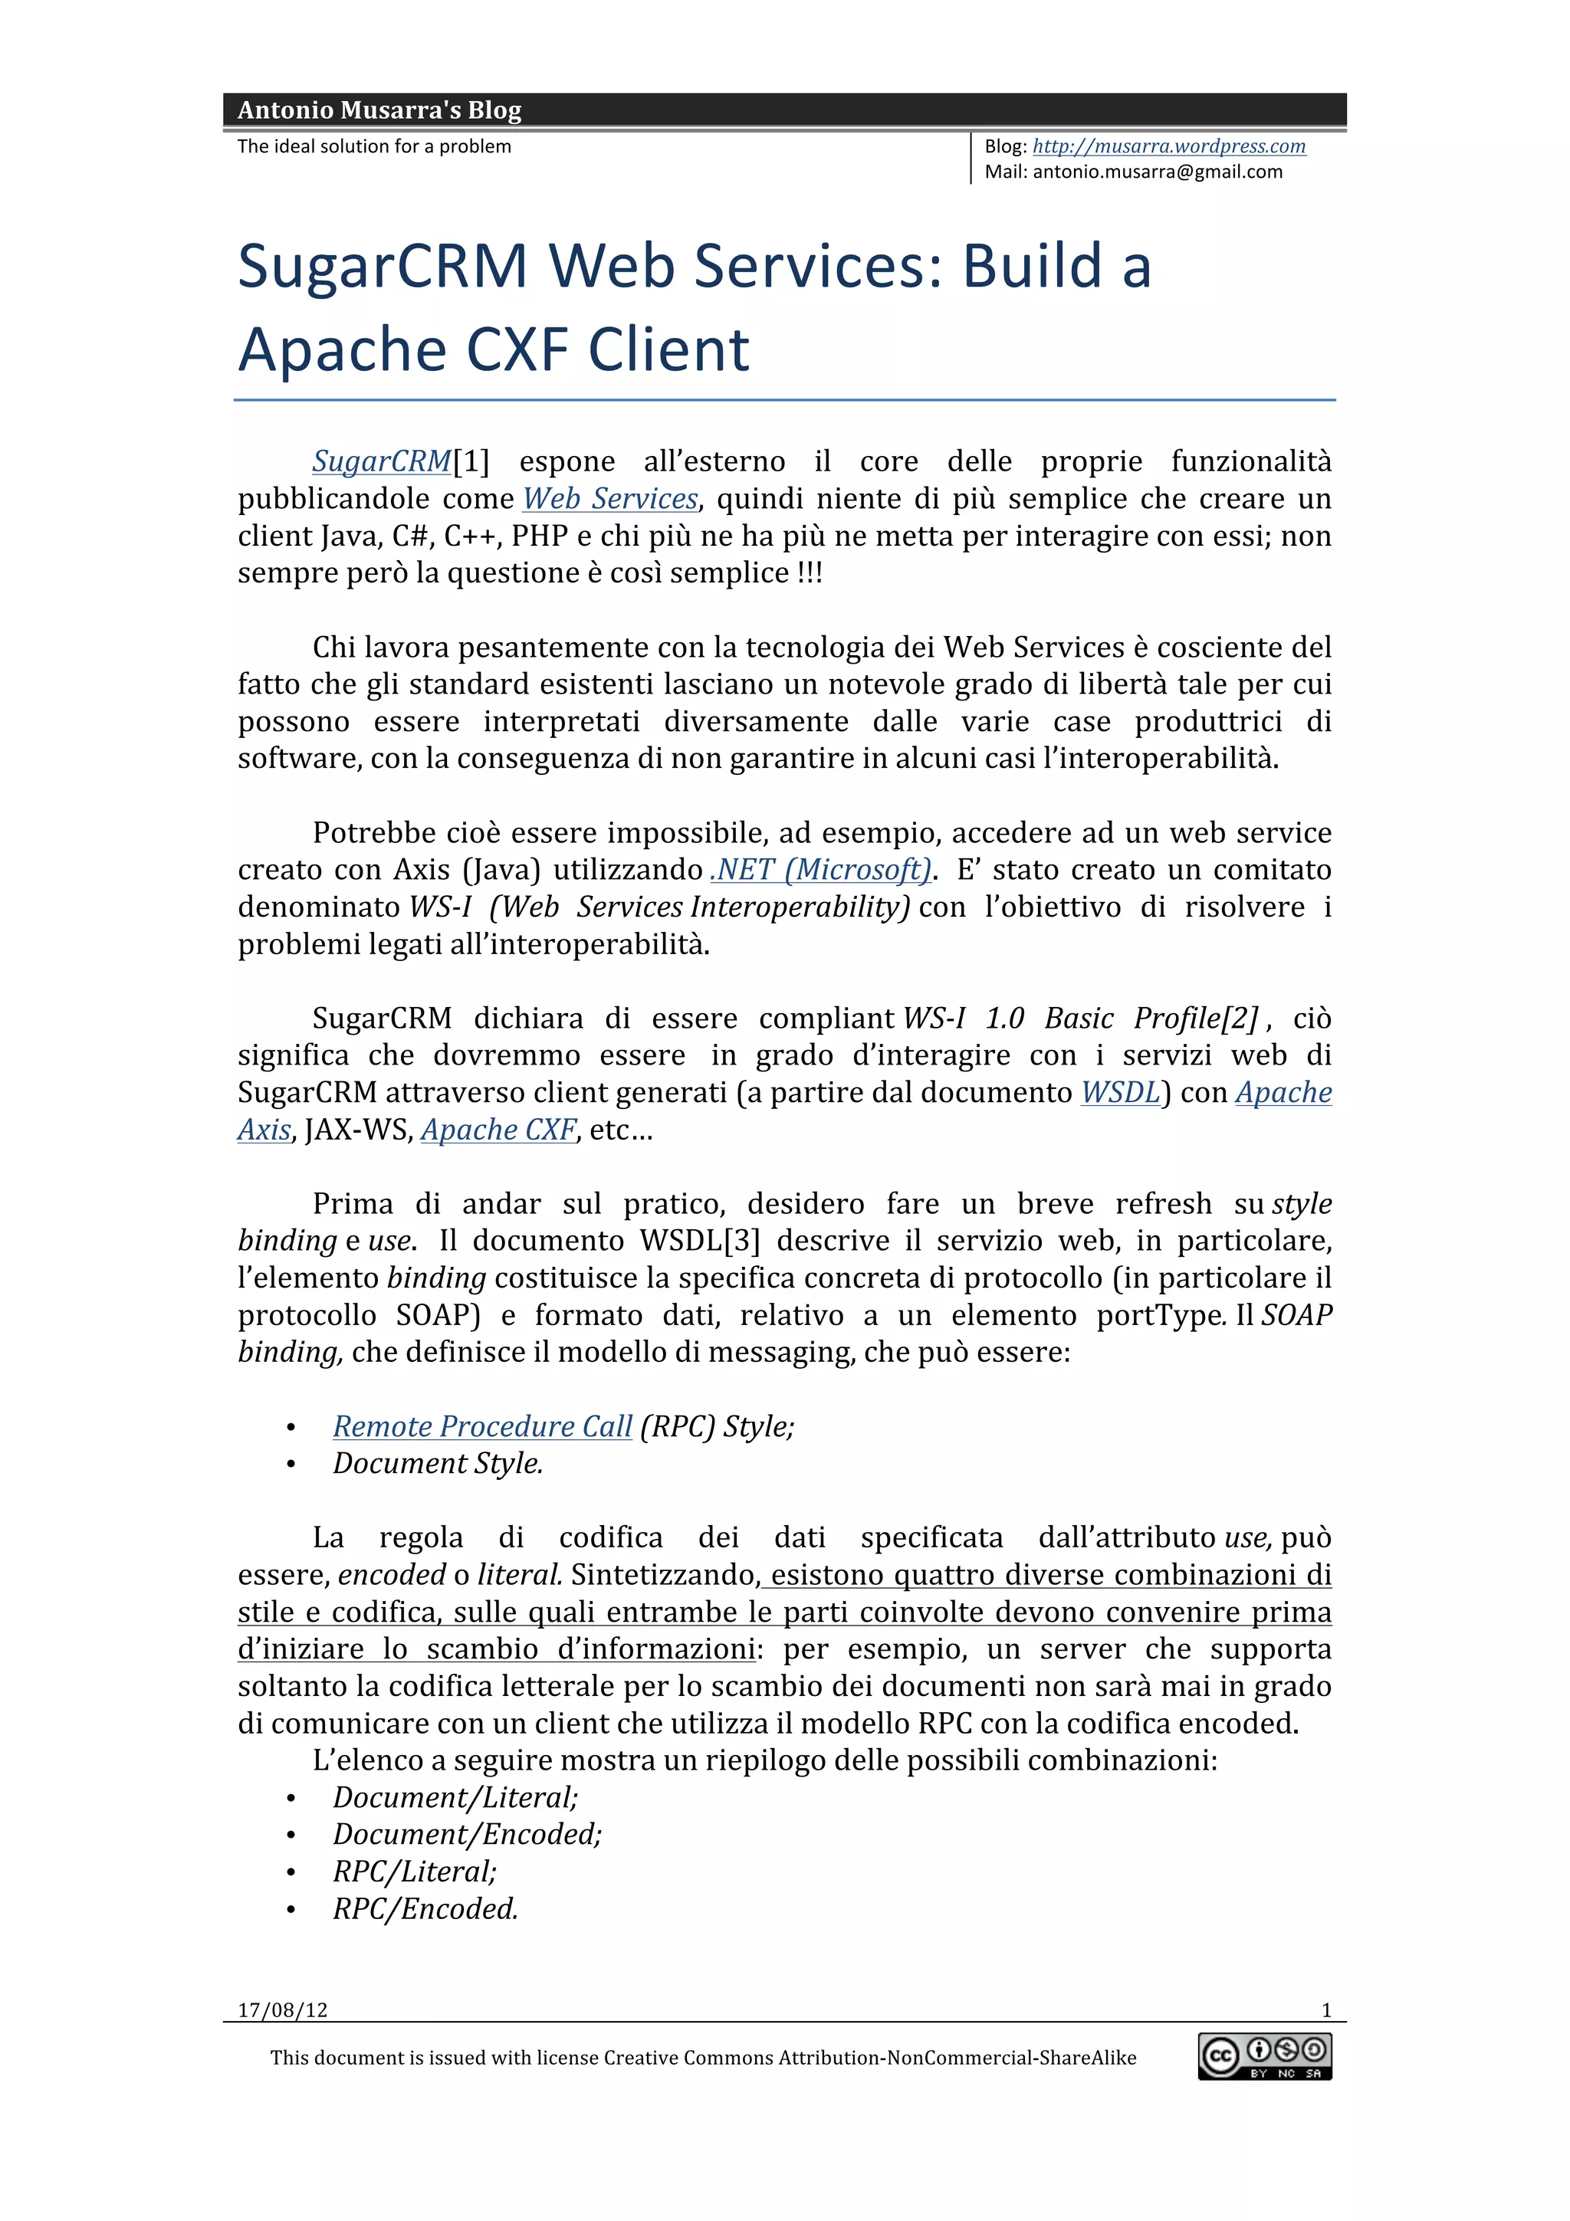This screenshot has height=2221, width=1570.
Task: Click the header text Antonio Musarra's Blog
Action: pyautogui.click(x=379, y=110)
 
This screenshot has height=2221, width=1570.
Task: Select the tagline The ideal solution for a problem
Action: pyautogui.click(x=374, y=146)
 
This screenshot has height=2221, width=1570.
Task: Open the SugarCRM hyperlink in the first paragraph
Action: pyautogui.click(x=381, y=461)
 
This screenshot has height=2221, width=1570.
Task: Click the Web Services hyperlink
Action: pyautogui.click(x=609, y=499)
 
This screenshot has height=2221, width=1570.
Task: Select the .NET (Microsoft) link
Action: pyautogui.click(x=820, y=870)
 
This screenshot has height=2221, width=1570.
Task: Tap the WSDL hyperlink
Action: pyautogui.click(x=1119, y=1092)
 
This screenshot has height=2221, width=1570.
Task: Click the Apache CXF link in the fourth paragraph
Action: pyautogui.click(x=498, y=1130)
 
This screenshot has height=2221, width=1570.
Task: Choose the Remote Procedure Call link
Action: pyautogui.click(x=481, y=1425)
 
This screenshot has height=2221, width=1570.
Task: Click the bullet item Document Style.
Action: pyautogui.click(x=437, y=1462)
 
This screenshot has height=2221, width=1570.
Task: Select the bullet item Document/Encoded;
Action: pyautogui.click(x=467, y=1834)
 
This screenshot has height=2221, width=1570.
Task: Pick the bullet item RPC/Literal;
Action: pyautogui.click(x=414, y=1871)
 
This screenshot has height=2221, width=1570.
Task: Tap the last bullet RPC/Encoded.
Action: pyautogui.click(x=425, y=1908)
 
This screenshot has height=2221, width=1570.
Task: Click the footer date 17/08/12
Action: pyautogui.click(x=282, y=2010)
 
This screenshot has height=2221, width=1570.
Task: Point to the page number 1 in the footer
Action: pyautogui.click(x=1326, y=2010)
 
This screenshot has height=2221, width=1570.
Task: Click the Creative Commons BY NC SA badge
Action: pyautogui.click(x=1264, y=2055)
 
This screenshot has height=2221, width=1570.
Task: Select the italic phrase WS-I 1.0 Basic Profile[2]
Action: pyautogui.click(x=1079, y=1019)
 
